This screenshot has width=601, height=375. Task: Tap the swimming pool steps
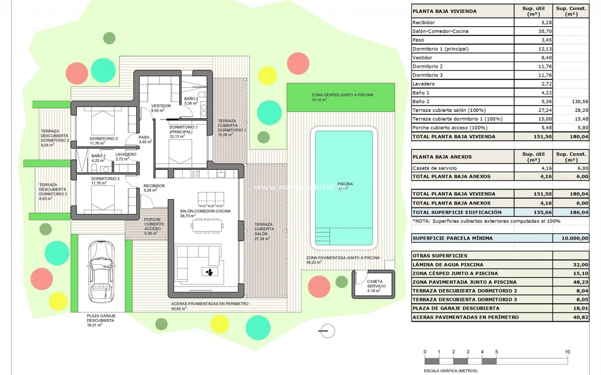point(322,237)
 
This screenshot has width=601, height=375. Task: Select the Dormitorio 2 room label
point(104,139)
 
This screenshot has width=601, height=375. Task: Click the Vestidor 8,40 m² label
point(161,108)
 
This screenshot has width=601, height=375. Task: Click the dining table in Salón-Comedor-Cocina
point(208,226)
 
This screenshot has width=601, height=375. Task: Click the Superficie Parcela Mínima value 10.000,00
point(575,238)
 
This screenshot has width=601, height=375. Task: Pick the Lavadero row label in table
point(424,84)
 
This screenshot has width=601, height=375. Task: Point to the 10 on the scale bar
point(567,352)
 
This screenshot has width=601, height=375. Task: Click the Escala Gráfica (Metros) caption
point(450,371)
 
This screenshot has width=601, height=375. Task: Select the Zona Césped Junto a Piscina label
point(342,95)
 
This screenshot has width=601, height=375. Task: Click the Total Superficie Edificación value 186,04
point(579,212)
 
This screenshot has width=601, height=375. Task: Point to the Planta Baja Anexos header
point(442,157)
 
